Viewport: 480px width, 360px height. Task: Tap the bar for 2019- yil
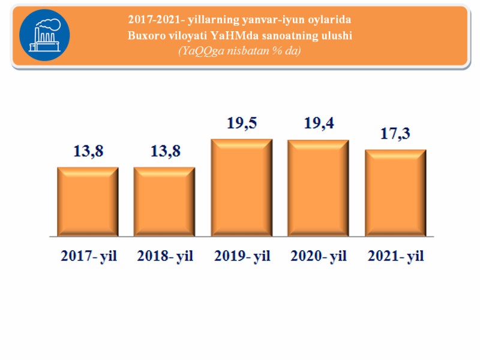pos(242,187)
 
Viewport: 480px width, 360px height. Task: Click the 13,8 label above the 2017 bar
pos(88,152)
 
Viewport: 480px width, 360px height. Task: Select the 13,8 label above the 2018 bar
pos(165,152)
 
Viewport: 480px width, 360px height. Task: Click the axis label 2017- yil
pos(89,256)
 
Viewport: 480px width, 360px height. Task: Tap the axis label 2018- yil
pos(165,256)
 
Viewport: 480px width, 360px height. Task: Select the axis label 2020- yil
pos(319,256)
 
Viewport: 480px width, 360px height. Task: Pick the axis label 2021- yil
pos(395,256)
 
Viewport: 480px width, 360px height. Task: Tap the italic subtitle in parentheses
pos(239,51)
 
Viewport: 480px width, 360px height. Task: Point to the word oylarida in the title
pos(331,19)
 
